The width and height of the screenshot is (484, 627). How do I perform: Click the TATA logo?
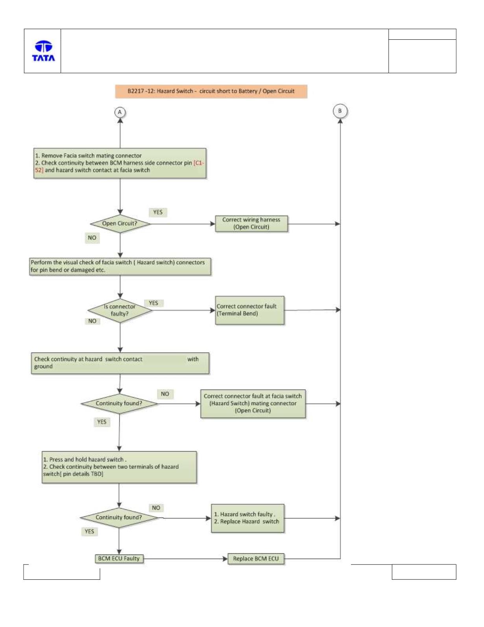[x=43, y=51]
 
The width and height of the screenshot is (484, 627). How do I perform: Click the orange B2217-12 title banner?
[x=211, y=91]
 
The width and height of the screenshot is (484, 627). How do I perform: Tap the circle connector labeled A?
[x=120, y=112]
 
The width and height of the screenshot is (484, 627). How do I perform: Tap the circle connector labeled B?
[x=340, y=111]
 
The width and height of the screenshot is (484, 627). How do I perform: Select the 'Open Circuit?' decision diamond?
[x=120, y=224]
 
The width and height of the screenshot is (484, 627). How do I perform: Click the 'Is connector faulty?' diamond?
[x=120, y=310]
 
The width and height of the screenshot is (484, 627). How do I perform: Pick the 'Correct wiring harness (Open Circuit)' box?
[x=251, y=223]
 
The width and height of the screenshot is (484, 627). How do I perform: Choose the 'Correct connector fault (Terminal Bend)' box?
[x=249, y=310]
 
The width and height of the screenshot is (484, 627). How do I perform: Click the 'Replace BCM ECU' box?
[x=256, y=559]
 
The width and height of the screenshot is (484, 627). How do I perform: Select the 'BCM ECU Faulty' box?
[x=119, y=559]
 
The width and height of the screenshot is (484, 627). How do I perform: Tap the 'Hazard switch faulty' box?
[x=248, y=518]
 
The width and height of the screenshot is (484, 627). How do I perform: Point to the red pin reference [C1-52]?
[x=119, y=166]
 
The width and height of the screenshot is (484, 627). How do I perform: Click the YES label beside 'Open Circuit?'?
[x=158, y=213]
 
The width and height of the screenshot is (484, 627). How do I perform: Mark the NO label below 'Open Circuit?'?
[x=92, y=238]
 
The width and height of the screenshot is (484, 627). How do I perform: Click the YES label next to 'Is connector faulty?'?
[x=153, y=303]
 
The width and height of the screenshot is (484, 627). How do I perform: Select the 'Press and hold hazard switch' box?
[x=119, y=467]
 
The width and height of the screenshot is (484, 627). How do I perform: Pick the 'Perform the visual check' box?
[x=120, y=266]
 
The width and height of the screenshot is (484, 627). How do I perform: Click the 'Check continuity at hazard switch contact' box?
[x=120, y=363]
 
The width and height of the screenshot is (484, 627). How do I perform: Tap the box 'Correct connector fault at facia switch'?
[x=253, y=403]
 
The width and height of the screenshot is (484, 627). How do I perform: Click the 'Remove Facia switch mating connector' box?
[x=120, y=163]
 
